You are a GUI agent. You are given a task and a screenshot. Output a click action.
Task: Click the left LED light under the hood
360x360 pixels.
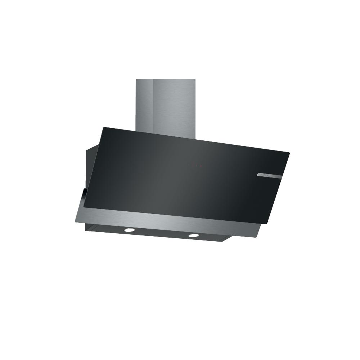pos(129,229)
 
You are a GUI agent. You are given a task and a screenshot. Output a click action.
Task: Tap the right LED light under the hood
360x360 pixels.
pos(194,235)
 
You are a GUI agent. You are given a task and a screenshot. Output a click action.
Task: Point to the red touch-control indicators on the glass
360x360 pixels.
pos(194,166)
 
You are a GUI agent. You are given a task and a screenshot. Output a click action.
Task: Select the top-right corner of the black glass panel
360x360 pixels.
pos(289,152)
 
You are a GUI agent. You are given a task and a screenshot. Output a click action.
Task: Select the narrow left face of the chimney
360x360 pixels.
pos(144,104)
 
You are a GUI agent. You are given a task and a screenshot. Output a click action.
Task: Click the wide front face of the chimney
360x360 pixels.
pos(174,108)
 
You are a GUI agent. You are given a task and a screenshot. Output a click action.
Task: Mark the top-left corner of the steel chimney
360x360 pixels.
pos(136,80)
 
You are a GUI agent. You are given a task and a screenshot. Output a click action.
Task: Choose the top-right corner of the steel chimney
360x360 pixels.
pos(195,80)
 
